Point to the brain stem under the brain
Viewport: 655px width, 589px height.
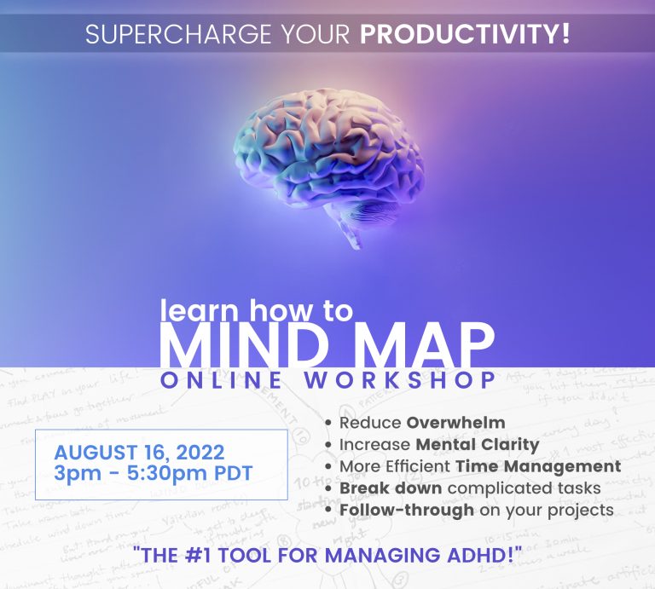[x=352, y=232]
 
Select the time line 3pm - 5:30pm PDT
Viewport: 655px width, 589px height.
[x=153, y=474]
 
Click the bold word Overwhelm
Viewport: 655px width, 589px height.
[x=455, y=422]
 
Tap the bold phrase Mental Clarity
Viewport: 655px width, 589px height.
[x=477, y=444]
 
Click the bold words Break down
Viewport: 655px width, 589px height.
[x=390, y=488]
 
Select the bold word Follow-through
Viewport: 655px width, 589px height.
[x=407, y=510]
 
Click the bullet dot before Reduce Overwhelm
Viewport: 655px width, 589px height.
[x=329, y=423]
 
